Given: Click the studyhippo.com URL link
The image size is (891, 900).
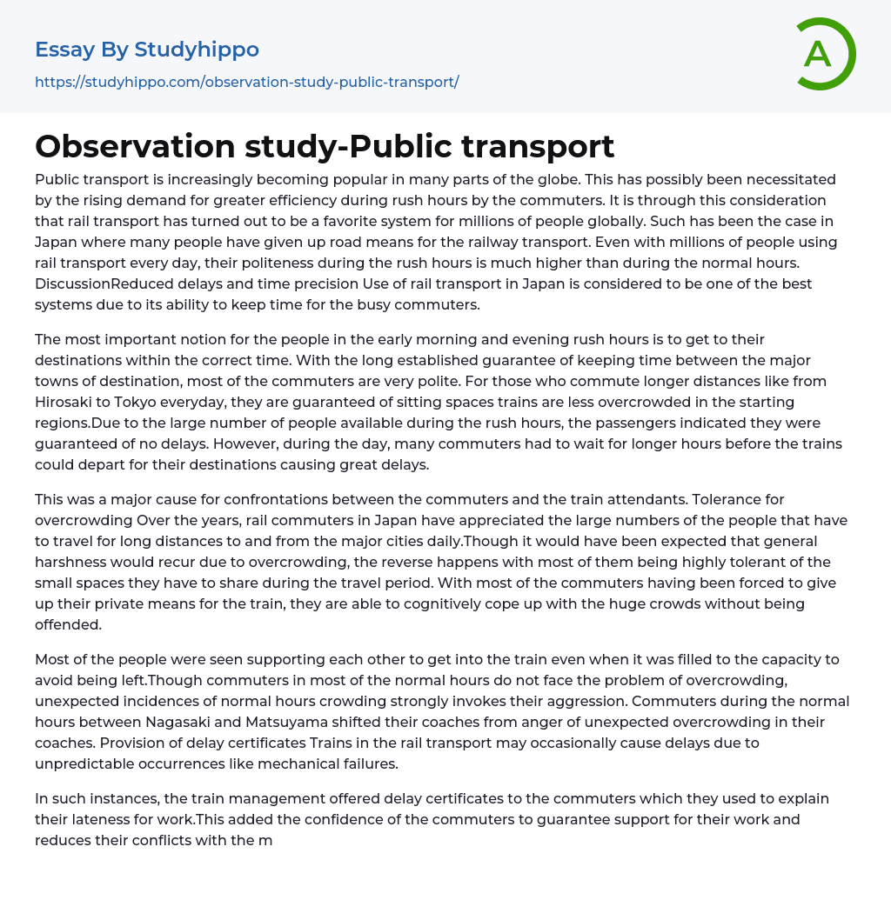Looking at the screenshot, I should tap(246, 82).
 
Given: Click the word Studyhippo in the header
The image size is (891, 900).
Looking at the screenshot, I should tap(197, 50).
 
